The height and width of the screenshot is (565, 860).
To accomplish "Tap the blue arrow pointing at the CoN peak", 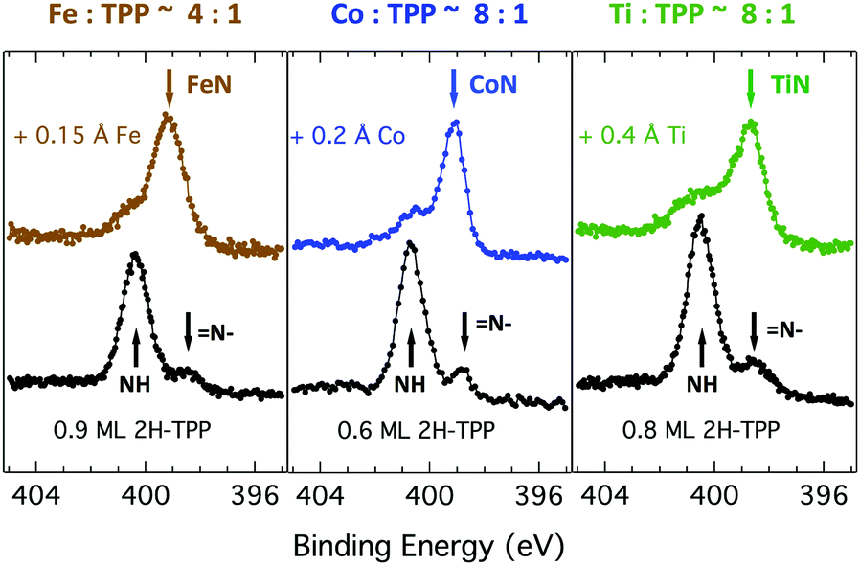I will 454,88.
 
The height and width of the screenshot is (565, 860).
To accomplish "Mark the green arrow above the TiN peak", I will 750,88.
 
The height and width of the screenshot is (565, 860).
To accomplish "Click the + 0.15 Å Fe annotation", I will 76,136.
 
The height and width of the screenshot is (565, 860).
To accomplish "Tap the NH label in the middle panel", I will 411,383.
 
